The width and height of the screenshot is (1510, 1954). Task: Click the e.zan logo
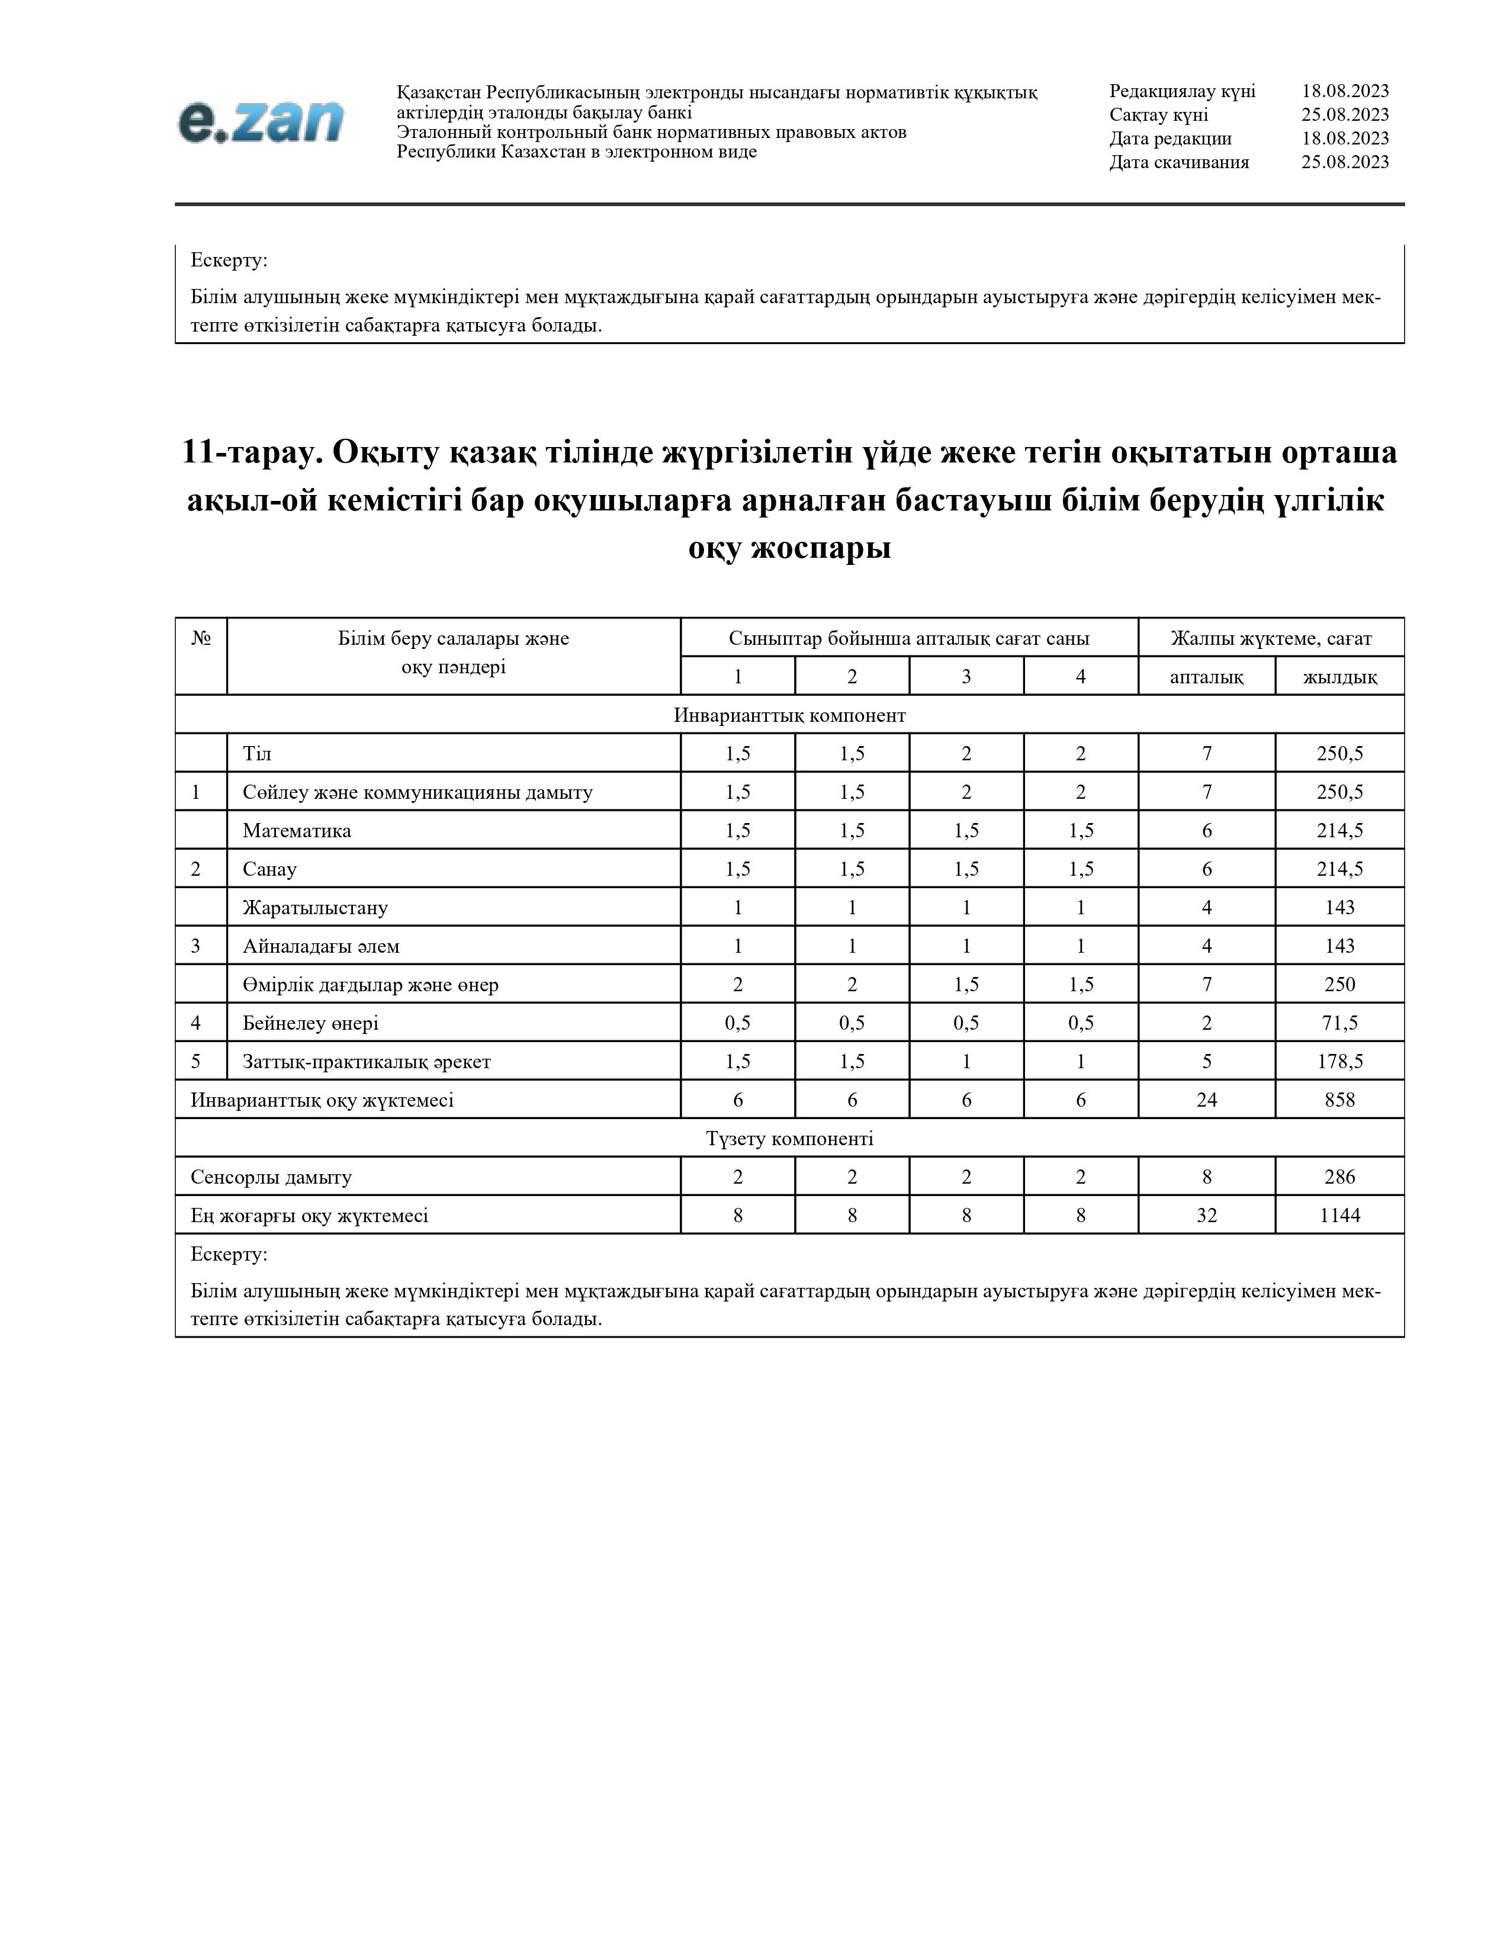tap(261, 121)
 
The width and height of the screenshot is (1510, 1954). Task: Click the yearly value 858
tap(1339, 1100)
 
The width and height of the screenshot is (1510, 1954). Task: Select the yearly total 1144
tap(1339, 1215)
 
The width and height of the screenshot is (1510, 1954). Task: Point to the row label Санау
tap(269, 869)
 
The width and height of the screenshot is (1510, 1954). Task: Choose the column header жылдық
tap(1339, 676)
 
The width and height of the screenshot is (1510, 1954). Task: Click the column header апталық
tap(1206, 676)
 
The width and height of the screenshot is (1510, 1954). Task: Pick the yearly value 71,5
tap(1339, 1023)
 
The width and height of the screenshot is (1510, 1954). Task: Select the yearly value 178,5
tap(1339, 1061)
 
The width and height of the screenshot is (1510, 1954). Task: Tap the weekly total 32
tap(1206, 1215)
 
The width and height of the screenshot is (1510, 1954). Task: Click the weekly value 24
tap(1206, 1100)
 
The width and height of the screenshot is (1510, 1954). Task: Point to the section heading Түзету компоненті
tap(789, 1138)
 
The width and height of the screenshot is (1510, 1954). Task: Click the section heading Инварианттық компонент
tap(789, 715)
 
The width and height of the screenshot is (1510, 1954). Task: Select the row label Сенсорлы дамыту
tap(271, 1177)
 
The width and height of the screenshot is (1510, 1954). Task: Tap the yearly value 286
tap(1339, 1177)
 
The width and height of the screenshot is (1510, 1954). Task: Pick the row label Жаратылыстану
tap(315, 907)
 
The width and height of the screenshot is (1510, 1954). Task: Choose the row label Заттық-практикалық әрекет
tap(366, 1061)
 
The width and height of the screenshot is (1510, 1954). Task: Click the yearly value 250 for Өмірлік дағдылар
tap(1339, 984)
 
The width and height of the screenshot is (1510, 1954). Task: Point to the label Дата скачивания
tap(1179, 162)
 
